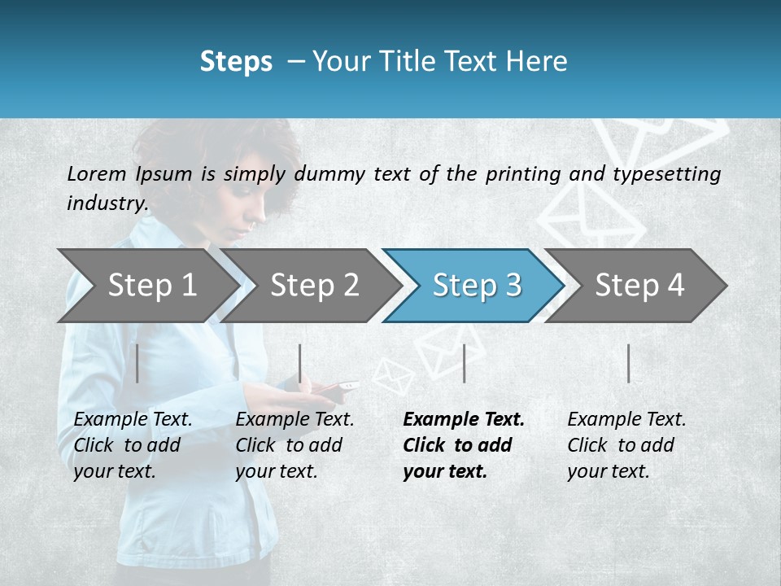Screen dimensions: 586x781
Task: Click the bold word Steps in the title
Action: pos(236,62)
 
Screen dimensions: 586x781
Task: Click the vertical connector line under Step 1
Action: pos(137,363)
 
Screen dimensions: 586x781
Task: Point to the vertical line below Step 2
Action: pos(300,363)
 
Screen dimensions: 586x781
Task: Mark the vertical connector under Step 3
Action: pos(464,363)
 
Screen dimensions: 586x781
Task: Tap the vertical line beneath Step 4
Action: pos(628,363)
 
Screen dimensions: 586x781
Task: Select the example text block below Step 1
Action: pos(133,445)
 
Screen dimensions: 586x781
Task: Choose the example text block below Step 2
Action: pos(295,445)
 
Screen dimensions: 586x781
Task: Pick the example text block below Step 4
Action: pos(626,445)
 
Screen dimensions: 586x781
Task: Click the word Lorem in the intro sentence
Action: pos(97,174)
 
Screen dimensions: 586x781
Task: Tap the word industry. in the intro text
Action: pos(107,203)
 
